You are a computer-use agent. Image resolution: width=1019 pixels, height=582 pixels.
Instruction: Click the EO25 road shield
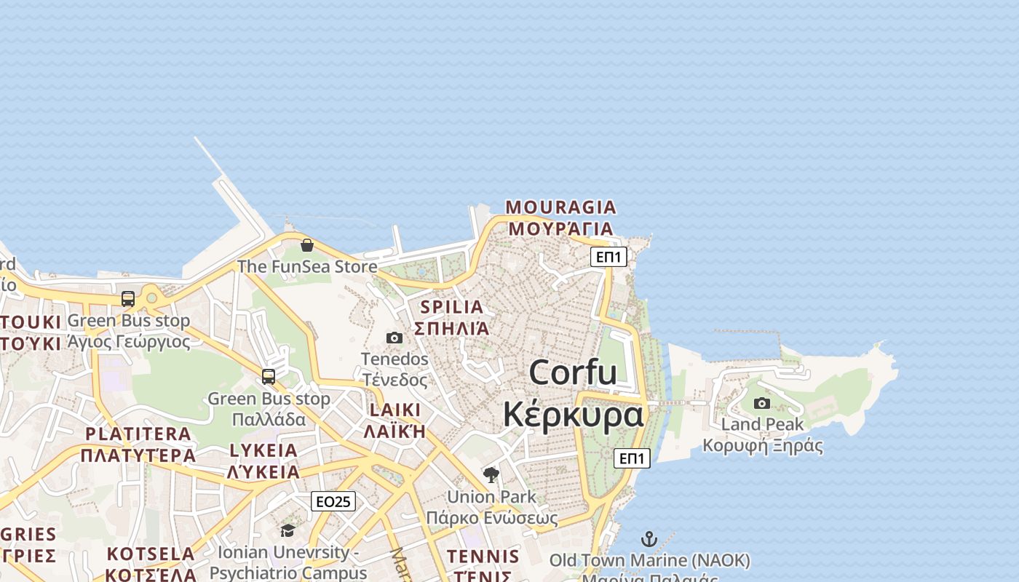[x=333, y=501]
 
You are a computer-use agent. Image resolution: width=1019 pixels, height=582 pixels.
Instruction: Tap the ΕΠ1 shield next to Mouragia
[x=608, y=256]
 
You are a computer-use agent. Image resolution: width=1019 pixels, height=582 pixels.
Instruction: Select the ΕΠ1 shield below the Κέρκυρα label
[x=632, y=458]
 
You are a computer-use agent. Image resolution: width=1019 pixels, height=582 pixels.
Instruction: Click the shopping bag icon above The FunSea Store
[x=307, y=245]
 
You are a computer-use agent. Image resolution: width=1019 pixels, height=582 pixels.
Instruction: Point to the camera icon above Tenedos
[x=394, y=338]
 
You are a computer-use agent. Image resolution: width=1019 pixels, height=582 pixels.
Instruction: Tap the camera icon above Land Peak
[x=762, y=403]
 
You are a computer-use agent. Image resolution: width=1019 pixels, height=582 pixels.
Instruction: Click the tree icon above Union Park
[x=491, y=475]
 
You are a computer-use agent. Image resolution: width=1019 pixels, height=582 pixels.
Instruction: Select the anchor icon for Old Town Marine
[x=649, y=539]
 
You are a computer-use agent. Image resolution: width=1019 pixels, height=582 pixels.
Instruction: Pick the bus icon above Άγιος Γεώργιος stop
[x=128, y=298]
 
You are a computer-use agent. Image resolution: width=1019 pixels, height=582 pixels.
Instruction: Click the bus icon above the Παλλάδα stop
[x=269, y=376]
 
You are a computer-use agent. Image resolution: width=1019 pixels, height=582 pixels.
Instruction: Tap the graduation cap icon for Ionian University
[x=288, y=530]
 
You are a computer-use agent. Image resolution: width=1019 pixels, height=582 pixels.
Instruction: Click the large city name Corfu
[x=573, y=372]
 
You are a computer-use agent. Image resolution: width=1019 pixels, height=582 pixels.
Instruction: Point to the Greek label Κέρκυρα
[x=573, y=415]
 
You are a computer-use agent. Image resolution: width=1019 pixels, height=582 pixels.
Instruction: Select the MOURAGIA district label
[x=560, y=207]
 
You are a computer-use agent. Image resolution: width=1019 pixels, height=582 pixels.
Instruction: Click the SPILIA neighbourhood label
[x=451, y=307]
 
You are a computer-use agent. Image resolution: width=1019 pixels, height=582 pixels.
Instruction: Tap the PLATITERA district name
[x=138, y=434]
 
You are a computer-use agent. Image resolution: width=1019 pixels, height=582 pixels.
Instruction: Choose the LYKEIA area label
[x=263, y=450]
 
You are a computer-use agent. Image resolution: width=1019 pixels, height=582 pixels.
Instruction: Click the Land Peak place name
[x=762, y=424]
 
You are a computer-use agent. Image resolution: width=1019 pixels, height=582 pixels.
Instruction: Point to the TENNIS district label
[x=483, y=557]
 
